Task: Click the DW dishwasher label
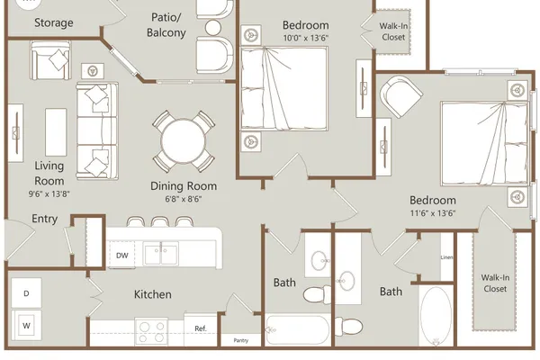[121, 256]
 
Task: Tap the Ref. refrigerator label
[201, 328]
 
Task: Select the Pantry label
[240, 340]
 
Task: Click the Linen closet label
[446, 257]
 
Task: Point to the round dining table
[184, 141]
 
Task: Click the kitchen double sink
[161, 253]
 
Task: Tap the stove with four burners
[151, 332]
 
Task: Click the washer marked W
[26, 325]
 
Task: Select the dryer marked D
[26, 293]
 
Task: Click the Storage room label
[54, 22]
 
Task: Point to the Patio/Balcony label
[166, 25]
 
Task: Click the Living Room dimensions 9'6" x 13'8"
[49, 194]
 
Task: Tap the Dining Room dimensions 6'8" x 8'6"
[184, 199]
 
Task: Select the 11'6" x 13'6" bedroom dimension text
[433, 213]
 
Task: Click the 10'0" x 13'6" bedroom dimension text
[306, 38]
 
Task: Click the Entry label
[44, 219]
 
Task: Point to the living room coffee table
[56, 132]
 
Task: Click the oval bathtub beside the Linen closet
[436, 315]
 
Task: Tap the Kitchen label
[153, 294]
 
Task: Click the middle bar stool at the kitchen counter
[160, 221]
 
